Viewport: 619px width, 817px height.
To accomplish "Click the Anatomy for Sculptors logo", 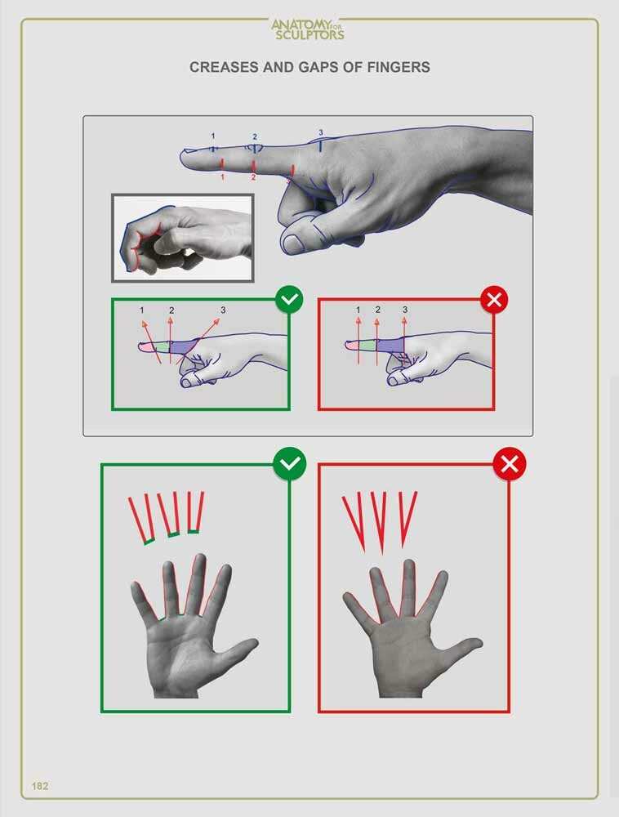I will (308, 29).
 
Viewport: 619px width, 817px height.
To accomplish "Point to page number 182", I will (40, 786).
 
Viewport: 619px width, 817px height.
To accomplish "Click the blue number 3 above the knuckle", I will (321, 132).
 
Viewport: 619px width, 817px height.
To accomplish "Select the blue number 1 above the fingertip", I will (213, 136).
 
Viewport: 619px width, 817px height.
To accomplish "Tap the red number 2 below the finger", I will (254, 177).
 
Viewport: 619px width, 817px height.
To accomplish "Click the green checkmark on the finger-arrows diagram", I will (289, 301).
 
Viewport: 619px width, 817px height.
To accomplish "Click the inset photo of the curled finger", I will (183, 238).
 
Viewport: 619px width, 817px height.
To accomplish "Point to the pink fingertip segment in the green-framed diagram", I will (148, 347).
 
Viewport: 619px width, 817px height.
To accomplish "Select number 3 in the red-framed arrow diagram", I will (404, 310).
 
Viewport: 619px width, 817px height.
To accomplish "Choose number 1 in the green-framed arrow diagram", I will (141, 310).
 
